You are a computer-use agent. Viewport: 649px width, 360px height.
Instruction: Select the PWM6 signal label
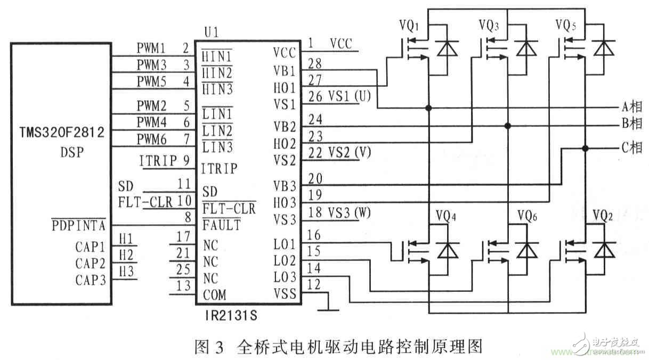point(151,139)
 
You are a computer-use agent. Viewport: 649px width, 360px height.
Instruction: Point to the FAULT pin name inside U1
point(221,225)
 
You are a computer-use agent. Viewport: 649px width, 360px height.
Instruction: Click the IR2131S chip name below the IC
point(230,316)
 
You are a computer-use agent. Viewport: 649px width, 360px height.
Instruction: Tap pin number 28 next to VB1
point(315,64)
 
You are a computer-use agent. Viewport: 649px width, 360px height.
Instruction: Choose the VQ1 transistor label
point(409,25)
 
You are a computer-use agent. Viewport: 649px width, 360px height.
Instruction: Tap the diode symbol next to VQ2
point(603,249)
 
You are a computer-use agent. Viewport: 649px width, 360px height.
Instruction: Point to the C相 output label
point(632,148)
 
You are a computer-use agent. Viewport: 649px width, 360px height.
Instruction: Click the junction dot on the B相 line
point(508,126)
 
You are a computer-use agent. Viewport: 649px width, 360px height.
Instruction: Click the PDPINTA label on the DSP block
point(79,226)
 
